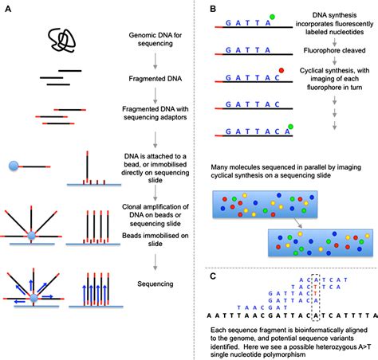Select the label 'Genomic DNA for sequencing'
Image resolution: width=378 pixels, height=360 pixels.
click(155, 41)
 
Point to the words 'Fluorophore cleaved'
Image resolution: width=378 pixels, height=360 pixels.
click(333, 56)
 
